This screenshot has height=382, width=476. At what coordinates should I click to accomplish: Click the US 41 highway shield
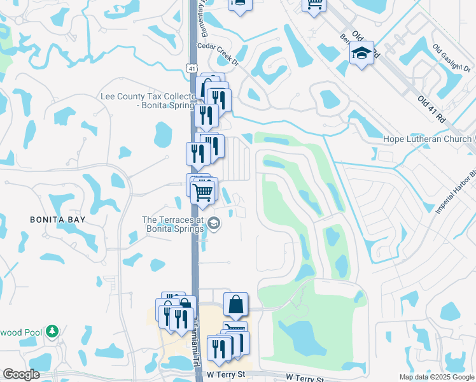coord(192,67)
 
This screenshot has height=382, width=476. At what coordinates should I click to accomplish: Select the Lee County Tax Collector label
coord(147,101)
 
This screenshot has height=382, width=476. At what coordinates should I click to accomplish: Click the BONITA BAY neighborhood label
coord(58,219)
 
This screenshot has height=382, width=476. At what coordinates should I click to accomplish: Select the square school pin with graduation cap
coord(361,54)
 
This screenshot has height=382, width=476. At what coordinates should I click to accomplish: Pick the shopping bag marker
coord(235,305)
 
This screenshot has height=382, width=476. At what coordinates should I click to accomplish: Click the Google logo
coord(21,374)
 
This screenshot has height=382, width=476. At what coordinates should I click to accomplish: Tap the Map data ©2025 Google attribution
coord(436,377)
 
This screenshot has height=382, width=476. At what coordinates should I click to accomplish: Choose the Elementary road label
coord(205,13)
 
